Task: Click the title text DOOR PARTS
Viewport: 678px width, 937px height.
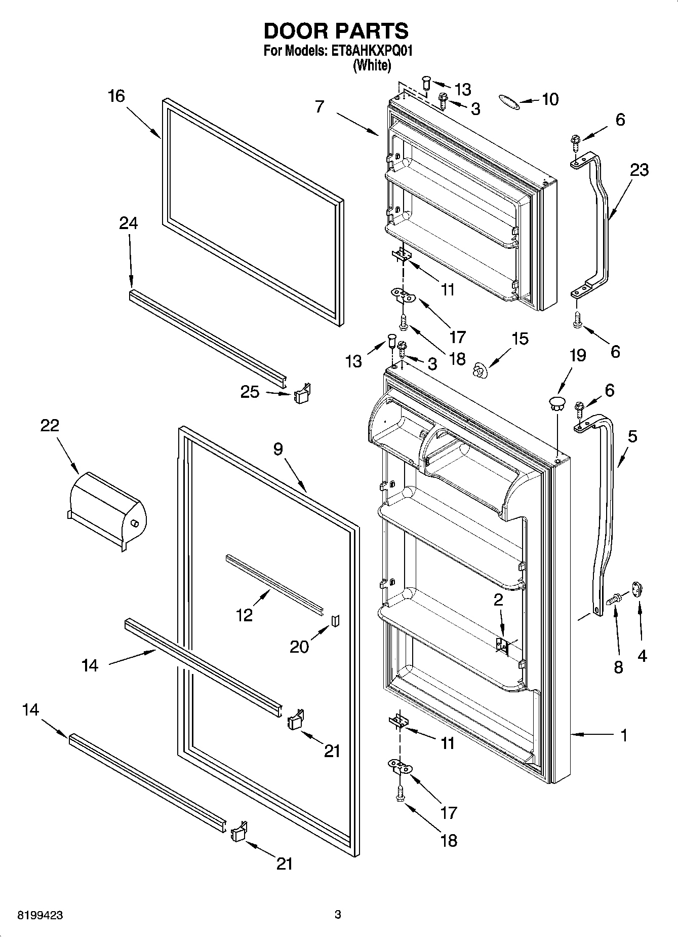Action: (x=336, y=31)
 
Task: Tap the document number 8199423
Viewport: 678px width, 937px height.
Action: (x=41, y=915)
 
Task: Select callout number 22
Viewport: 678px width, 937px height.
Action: (x=50, y=425)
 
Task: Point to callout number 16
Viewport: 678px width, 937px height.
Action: (x=116, y=96)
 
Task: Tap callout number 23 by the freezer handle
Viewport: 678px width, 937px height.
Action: (x=639, y=170)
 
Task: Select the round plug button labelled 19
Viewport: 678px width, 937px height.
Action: (x=556, y=404)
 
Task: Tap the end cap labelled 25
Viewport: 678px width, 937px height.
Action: (x=302, y=394)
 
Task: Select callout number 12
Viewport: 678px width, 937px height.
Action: (x=244, y=615)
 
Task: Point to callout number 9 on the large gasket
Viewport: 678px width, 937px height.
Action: (x=278, y=448)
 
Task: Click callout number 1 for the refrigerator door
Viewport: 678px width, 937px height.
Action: (x=624, y=735)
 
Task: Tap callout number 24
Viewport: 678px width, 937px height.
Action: (x=128, y=223)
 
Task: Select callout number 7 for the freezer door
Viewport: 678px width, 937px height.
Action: (x=319, y=107)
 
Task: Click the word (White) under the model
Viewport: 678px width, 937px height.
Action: (x=372, y=65)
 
